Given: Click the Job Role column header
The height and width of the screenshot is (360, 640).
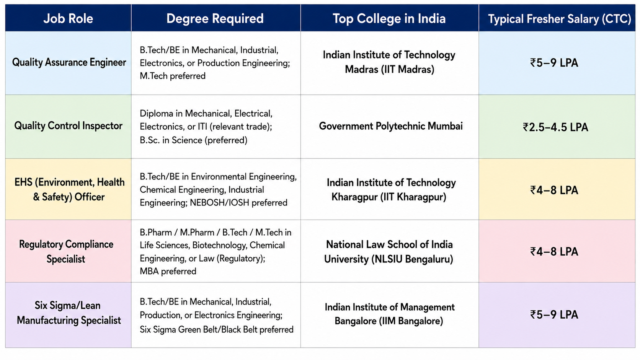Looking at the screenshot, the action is [x=68, y=19].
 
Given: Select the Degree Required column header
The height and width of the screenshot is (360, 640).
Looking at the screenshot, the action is [x=215, y=19].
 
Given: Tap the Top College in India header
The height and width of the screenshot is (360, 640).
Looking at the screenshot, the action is [x=389, y=19].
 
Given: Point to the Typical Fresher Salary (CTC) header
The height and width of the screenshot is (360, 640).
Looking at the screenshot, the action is [x=560, y=19].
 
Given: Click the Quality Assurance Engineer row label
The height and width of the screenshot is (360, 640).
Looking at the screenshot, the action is [x=69, y=62].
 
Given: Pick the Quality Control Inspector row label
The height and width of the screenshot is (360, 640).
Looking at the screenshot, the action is [x=68, y=125].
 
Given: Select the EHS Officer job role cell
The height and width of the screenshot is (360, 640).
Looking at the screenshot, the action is [x=69, y=189].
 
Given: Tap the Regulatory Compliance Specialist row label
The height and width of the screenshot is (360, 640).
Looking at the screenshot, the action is [x=66, y=251].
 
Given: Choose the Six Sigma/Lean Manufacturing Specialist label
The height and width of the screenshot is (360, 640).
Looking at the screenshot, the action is [x=69, y=313].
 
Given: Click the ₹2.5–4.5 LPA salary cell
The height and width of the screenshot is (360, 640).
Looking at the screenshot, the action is [x=555, y=127].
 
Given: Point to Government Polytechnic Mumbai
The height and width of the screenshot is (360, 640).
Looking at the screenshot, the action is [x=390, y=126].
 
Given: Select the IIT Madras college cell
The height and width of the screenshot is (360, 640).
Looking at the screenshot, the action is [x=389, y=62].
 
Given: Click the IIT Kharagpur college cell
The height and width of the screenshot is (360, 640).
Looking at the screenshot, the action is [x=391, y=189].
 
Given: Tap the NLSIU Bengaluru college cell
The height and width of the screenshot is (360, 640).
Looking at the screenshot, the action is [x=389, y=251].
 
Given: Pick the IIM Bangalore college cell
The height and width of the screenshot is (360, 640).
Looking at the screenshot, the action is [x=389, y=314].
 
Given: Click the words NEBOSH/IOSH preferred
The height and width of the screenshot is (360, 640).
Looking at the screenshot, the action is [x=238, y=203].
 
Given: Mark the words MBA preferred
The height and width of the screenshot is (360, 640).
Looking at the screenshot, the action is [x=168, y=271].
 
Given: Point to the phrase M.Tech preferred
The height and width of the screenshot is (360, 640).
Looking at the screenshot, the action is [x=173, y=76].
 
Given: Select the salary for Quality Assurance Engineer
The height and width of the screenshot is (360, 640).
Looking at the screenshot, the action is [x=554, y=63].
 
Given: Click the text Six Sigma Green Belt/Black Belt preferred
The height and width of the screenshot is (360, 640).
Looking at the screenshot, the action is [x=217, y=330].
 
